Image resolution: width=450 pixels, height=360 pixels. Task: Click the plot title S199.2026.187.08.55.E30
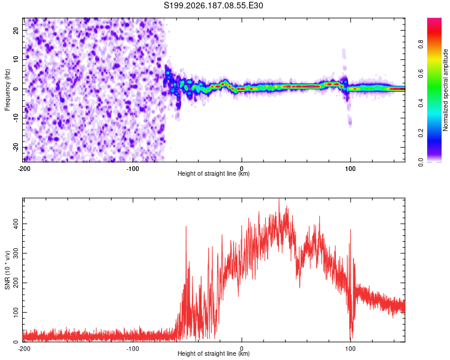click(x=213, y=5)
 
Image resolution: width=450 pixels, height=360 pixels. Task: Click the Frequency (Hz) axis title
click(x=7, y=90)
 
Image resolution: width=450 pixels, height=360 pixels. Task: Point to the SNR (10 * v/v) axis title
click(x=7, y=270)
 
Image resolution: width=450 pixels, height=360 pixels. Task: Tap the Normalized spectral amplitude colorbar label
click(x=445, y=90)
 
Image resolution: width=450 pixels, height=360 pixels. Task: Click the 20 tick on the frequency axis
click(x=16, y=30)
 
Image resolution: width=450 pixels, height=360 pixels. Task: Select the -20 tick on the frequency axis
click(x=16, y=147)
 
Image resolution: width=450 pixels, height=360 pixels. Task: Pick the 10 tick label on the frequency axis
click(x=16, y=59)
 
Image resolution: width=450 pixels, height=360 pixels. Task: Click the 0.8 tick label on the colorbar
click(x=421, y=44)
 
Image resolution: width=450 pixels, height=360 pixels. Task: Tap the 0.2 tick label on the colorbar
click(x=421, y=133)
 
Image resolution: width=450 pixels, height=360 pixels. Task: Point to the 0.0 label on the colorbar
click(x=421, y=162)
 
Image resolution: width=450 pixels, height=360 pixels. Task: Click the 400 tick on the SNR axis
click(x=16, y=224)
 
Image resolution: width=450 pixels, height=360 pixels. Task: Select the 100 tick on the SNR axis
click(x=16, y=312)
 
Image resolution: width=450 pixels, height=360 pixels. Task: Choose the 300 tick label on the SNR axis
click(x=16, y=253)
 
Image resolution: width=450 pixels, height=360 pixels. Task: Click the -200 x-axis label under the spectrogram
click(x=24, y=169)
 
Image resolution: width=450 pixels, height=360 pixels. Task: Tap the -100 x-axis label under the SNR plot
click(x=133, y=349)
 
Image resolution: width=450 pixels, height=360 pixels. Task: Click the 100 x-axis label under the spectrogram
click(x=350, y=169)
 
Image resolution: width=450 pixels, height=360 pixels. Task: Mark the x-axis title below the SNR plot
click(x=214, y=353)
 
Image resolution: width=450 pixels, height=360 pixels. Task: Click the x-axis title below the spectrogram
click(x=214, y=173)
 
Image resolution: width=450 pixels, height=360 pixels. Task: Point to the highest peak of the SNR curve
click(x=278, y=199)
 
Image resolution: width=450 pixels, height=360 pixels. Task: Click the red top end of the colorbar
click(x=434, y=19)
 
